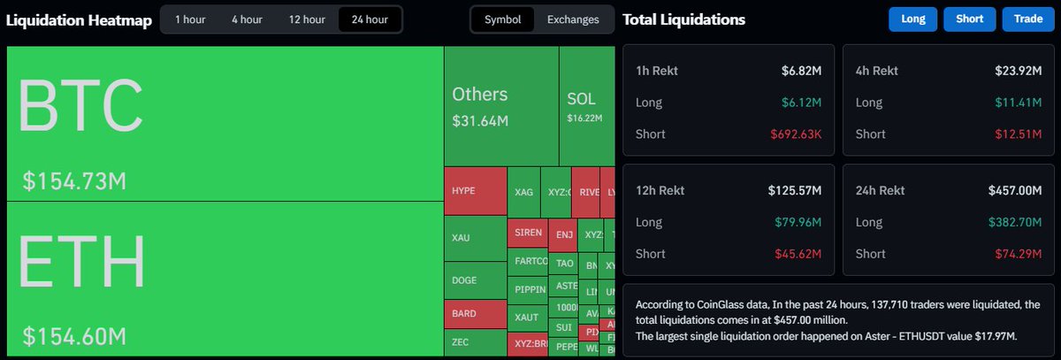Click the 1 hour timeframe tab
[190, 19]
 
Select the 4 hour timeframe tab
[247, 19]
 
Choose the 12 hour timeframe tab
[306, 19]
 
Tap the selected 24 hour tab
[370, 19]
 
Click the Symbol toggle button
[502, 19]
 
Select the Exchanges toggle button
[573, 19]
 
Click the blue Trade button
[1028, 19]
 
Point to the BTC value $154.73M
[74, 181]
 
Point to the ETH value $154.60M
[74, 336]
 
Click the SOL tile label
[581, 99]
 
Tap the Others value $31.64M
[480, 120]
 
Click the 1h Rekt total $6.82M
[801, 70]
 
